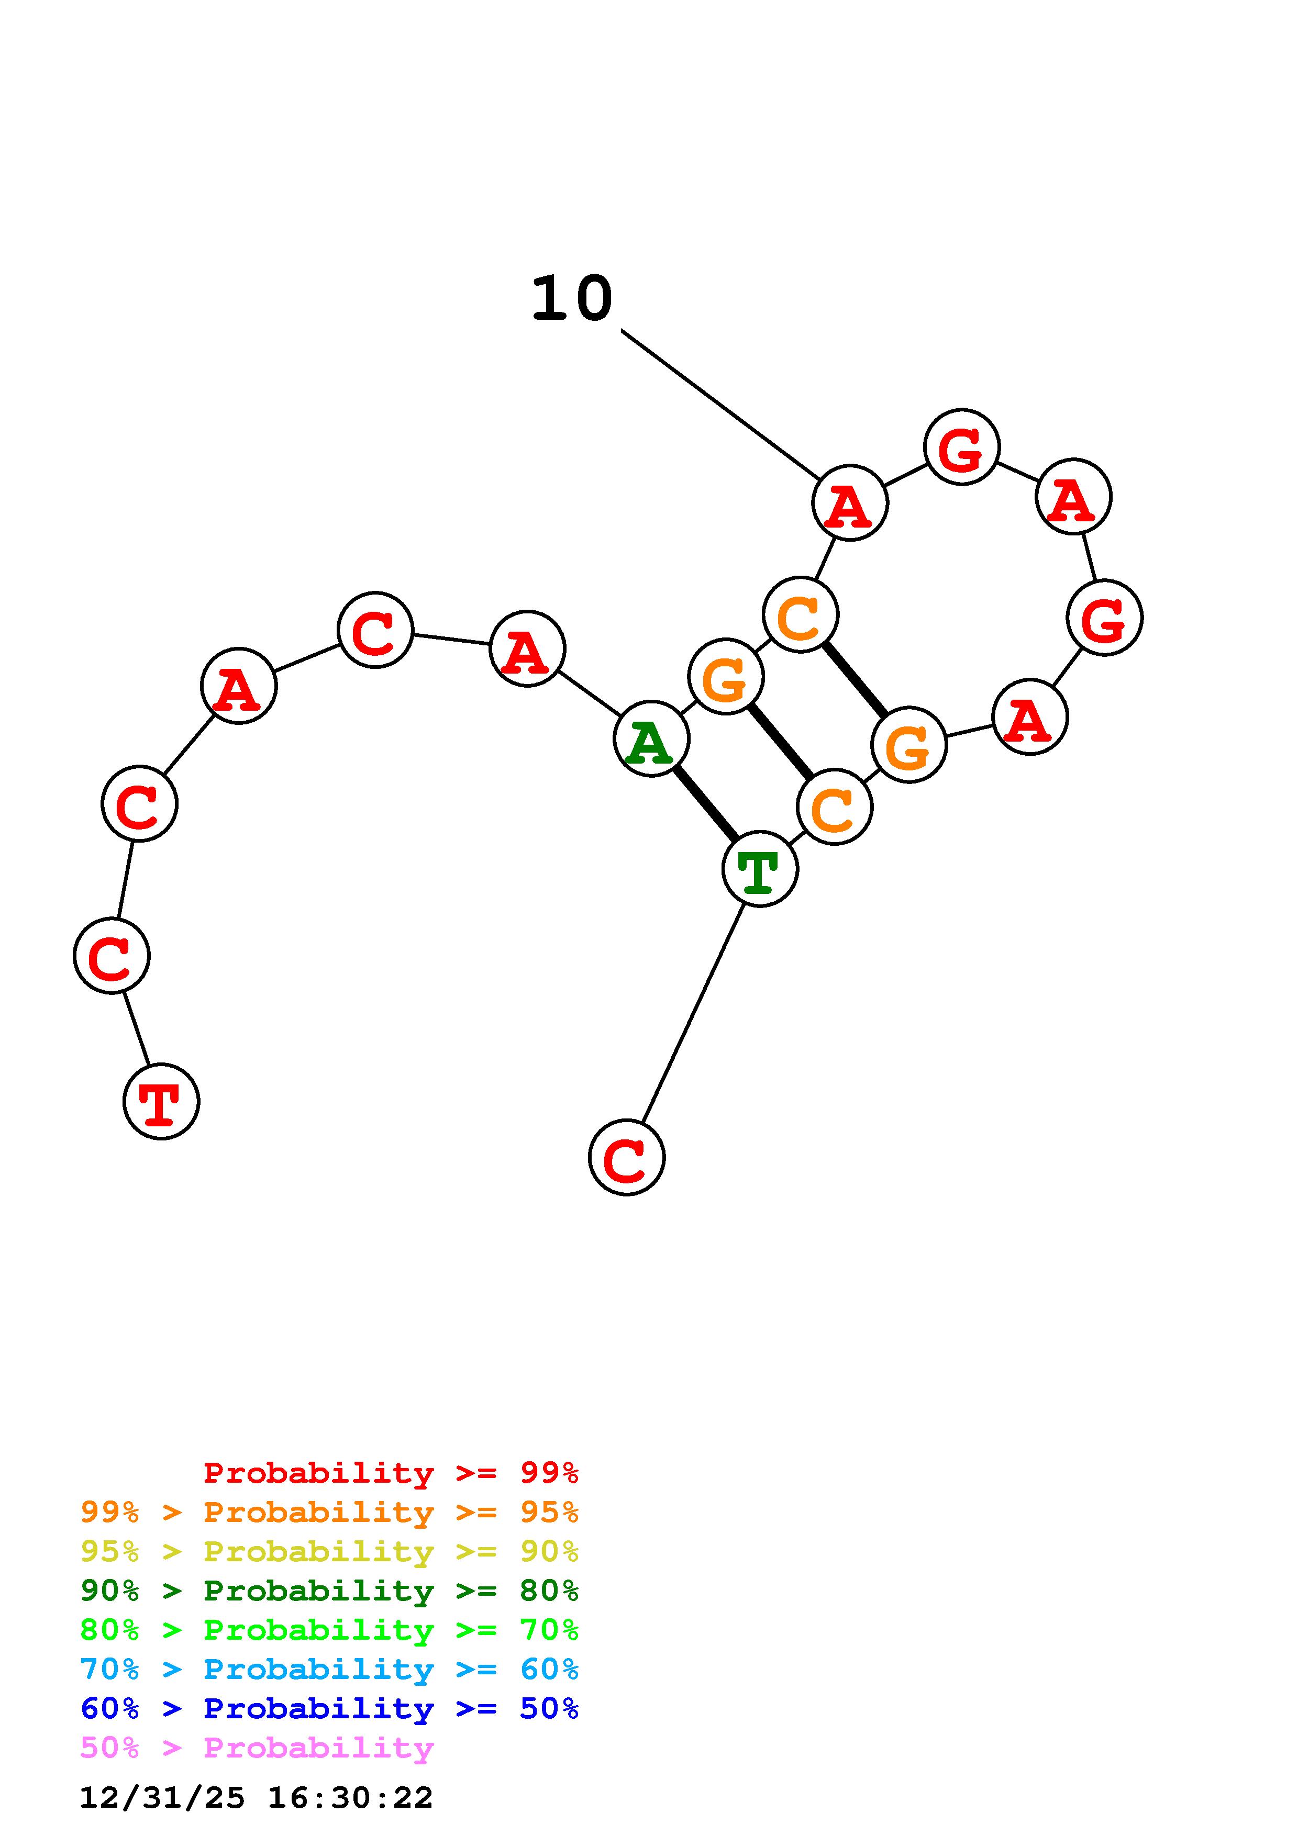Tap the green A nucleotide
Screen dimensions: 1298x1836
(651, 739)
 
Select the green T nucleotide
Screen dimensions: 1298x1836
(759, 869)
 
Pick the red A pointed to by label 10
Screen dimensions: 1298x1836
(849, 503)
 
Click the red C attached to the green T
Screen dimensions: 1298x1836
(626, 1157)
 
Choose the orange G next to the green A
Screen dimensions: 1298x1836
(725, 677)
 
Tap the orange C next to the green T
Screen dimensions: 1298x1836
(834, 807)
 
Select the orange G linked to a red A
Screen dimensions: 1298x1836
(908, 745)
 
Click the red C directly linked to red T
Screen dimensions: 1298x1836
(111, 956)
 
